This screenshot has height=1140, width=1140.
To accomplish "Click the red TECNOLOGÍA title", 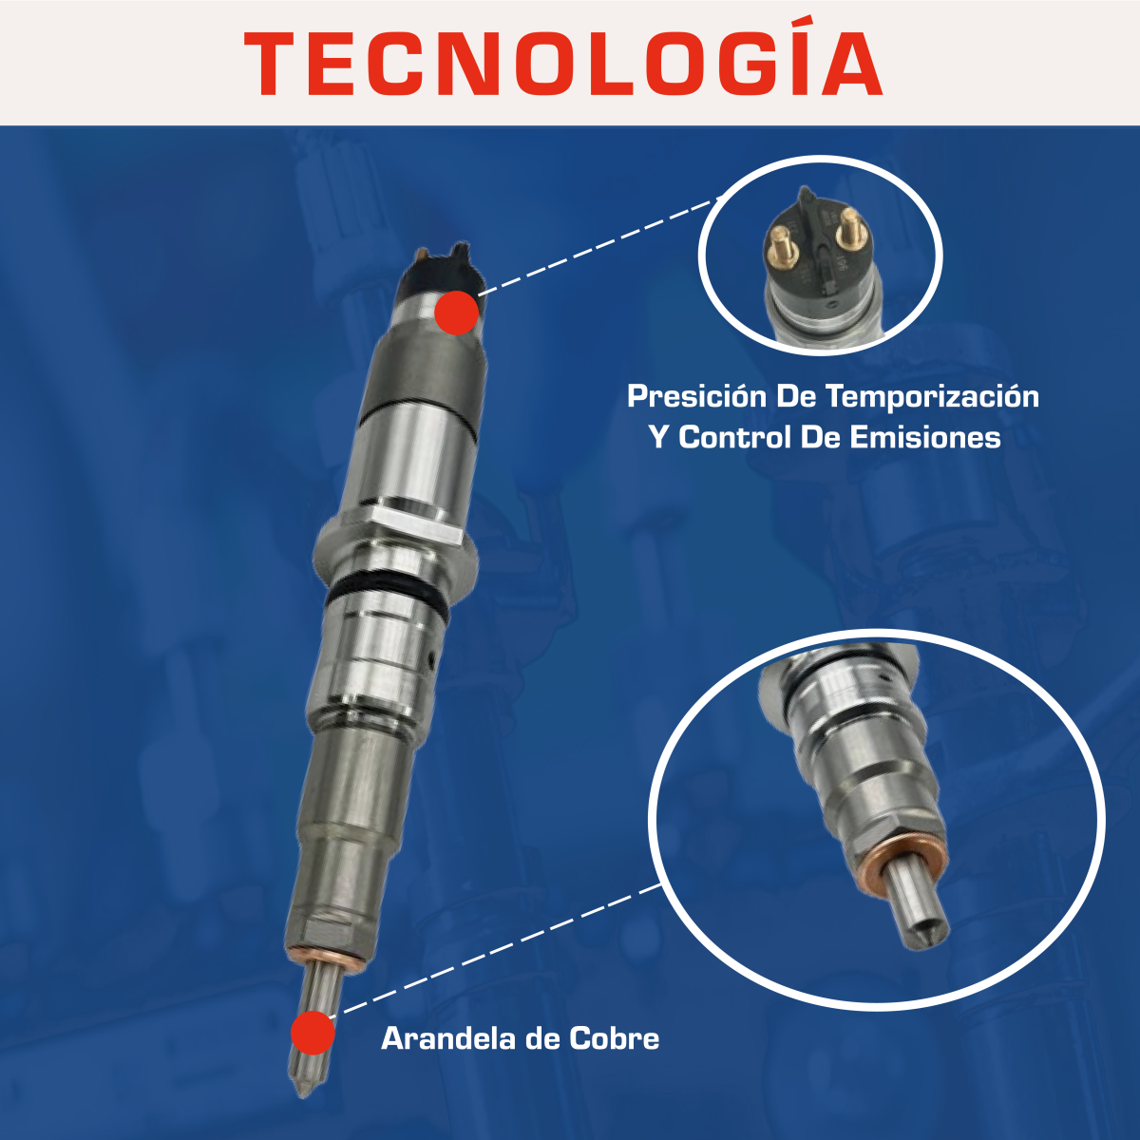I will [562, 64].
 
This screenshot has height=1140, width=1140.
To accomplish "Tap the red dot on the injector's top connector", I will [457, 313].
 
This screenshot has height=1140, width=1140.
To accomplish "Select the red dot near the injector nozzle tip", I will [313, 1033].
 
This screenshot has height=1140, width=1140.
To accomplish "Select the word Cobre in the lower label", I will [614, 1038].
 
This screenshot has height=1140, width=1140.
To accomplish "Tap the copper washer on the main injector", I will [326, 956].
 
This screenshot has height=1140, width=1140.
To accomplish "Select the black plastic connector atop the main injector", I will [439, 269].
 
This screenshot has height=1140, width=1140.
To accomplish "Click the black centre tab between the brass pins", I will [815, 228].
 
